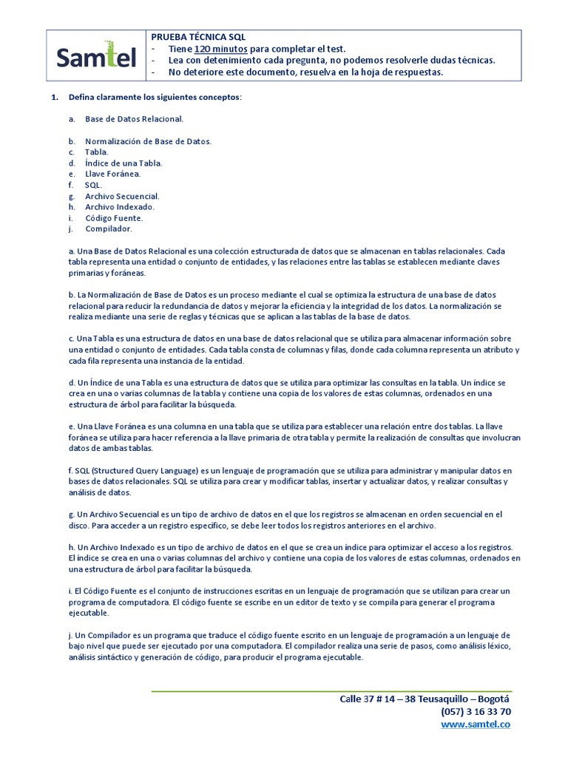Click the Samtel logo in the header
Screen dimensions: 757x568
(x=97, y=56)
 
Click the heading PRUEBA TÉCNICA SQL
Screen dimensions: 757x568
(x=198, y=36)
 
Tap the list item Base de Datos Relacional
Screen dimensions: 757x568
(x=134, y=119)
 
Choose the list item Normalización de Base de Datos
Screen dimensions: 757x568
(x=148, y=141)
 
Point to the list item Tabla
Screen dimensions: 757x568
(x=96, y=152)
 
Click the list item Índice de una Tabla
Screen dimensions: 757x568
(x=124, y=163)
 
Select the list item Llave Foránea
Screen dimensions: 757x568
(x=112, y=174)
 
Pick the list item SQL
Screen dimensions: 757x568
(x=93, y=185)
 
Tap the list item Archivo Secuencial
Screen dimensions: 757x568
(x=122, y=196)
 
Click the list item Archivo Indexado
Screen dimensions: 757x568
(x=120, y=207)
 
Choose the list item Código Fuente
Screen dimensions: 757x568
(x=114, y=218)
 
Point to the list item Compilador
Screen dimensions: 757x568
(x=108, y=229)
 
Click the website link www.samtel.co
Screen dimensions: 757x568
(x=475, y=724)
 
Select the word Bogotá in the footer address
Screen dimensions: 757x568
(x=494, y=699)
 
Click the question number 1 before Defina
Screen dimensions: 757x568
(x=53, y=98)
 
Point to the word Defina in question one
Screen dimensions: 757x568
(x=82, y=98)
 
